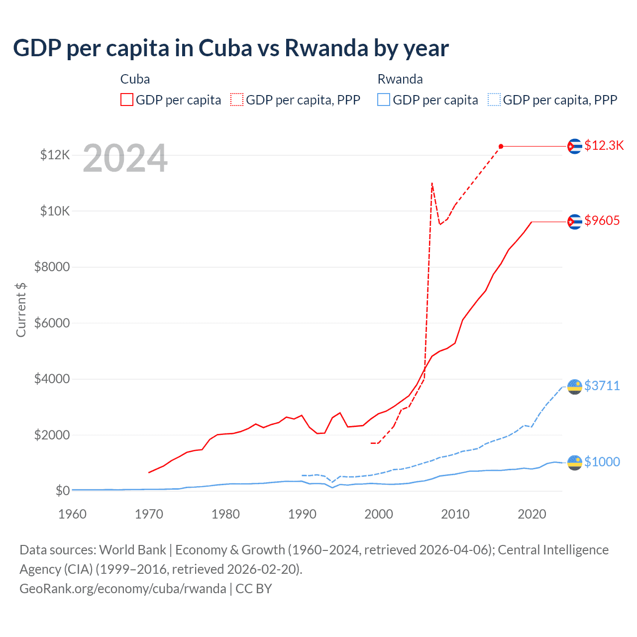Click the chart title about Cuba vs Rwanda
pyautogui.click(x=231, y=48)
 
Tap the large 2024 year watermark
pyautogui.click(x=125, y=159)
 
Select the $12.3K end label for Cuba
pyautogui.click(x=604, y=145)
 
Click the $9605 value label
pyautogui.click(x=602, y=220)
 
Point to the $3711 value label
pyautogui.click(x=602, y=386)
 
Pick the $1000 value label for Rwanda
pyautogui.click(x=602, y=462)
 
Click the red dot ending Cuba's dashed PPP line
pyautogui.click(x=501, y=146)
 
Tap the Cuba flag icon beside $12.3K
pyautogui.click(x=575, y=146)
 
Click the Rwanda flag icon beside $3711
pyautogui.click(x=575, y=386)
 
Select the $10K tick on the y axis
pyautogui.click(x=55, y=211)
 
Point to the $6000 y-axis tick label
pyautogui.click(x=52, y=323)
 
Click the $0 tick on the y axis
pyautogui.click(x=62, y=491)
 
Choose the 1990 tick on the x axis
pyautogui.click(x=302, y=514)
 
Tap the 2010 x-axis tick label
pyautogui.click(x=455, y=514)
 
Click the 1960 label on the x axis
pyautogui.click(x=73, y=514)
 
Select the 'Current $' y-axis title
pyautogui.click(x=21, y=310)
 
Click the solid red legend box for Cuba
pyautogui.click(x=127, y=100)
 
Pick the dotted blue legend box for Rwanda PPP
pyautogui.click(x=494, y=100)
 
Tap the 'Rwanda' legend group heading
pyautogui.click(x=400, y=79)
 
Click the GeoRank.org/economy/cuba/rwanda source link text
pyautogui.click(x=123, y=589)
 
